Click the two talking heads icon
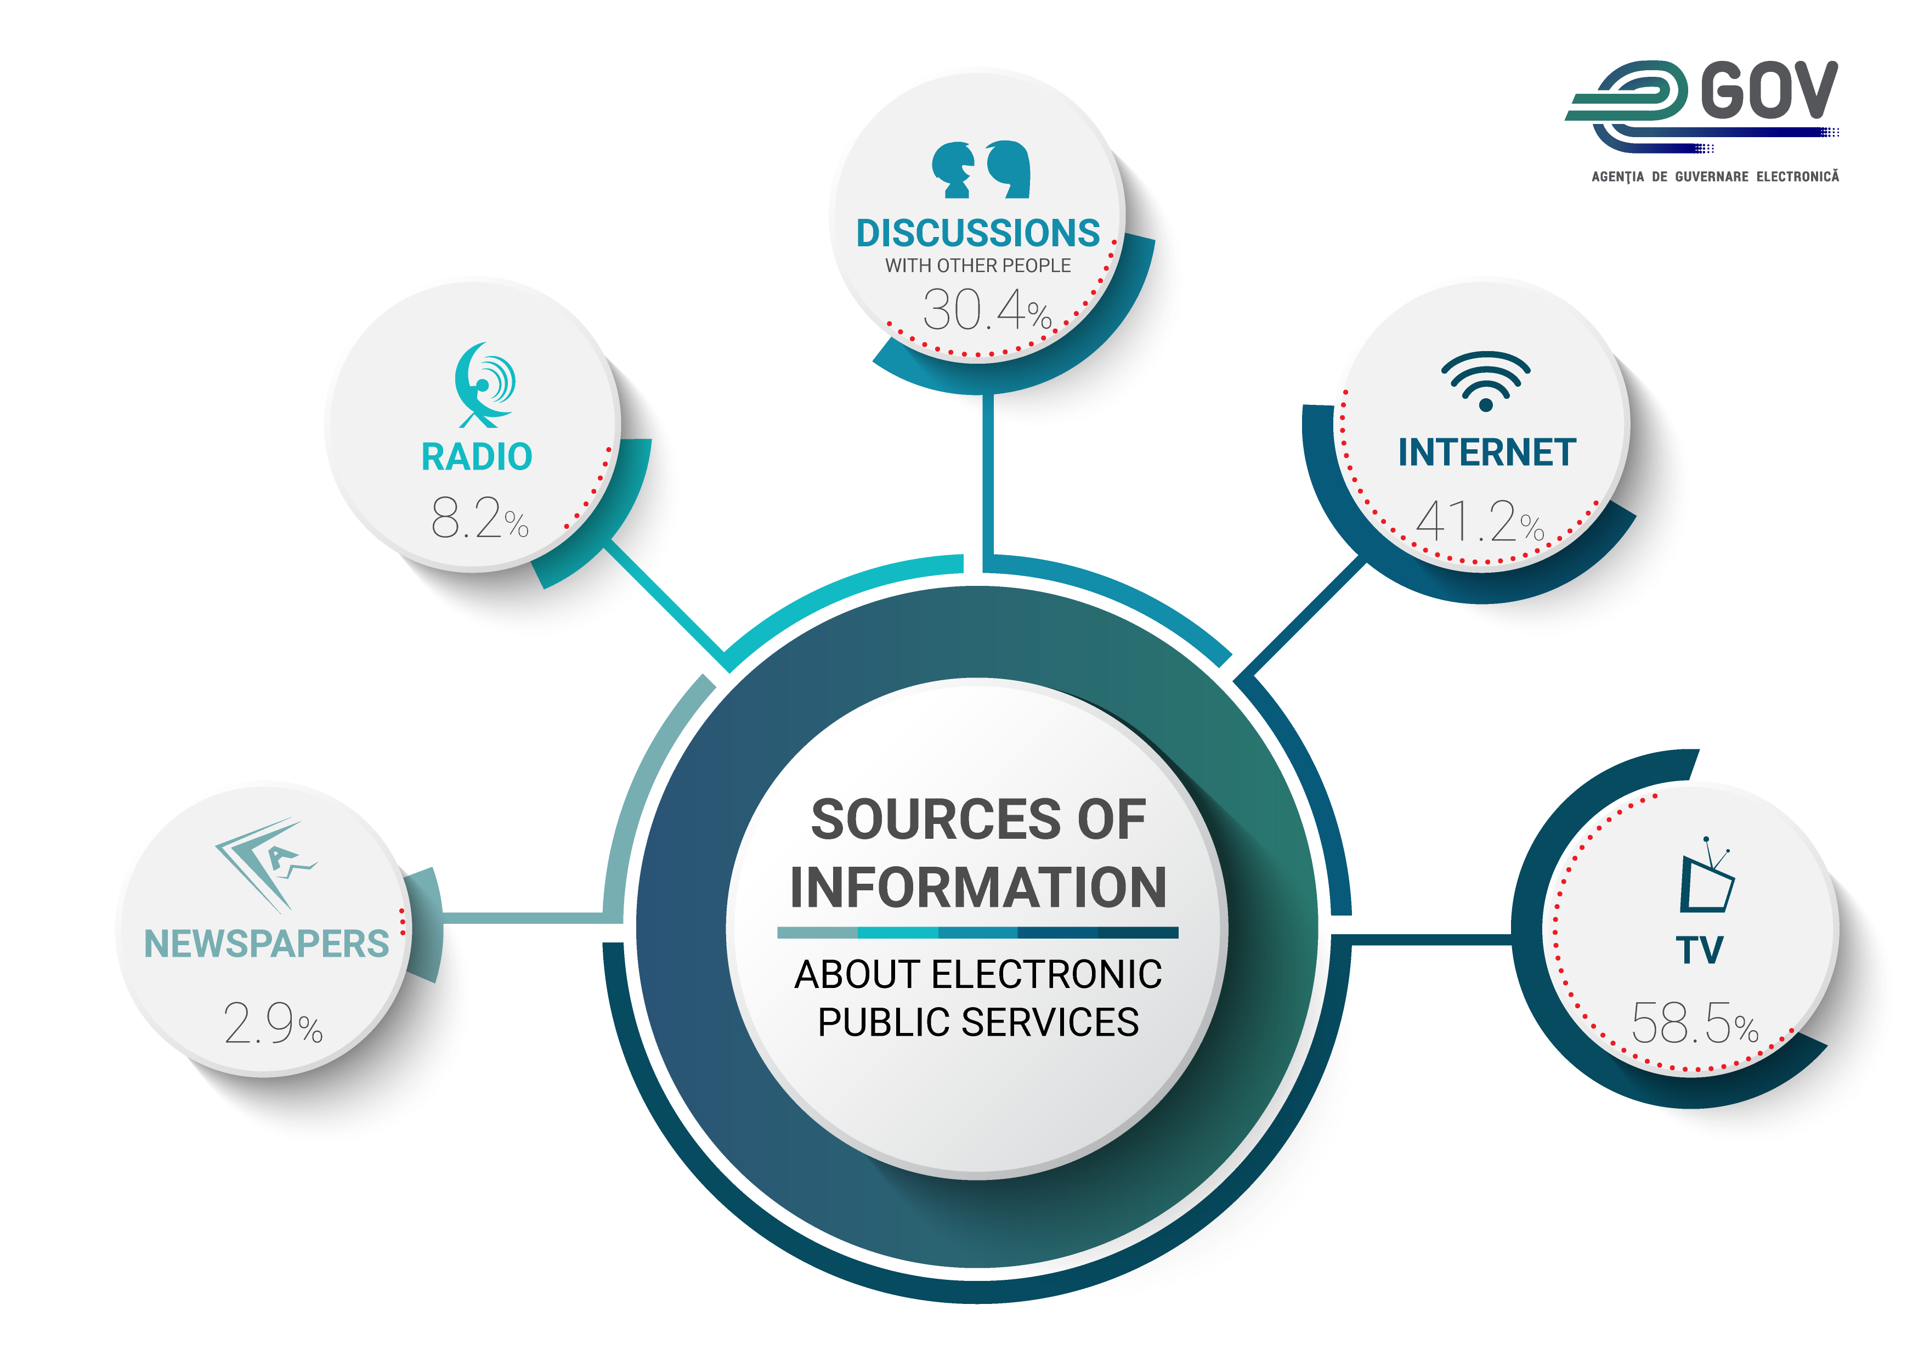pos(981,170)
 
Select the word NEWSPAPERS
pos(267,945)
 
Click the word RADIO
pos(477,458)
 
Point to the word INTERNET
pos(1486,453)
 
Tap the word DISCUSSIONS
pos(978,233)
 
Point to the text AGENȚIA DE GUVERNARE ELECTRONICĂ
pos(1714,177)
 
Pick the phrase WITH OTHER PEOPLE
pos(978,266)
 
